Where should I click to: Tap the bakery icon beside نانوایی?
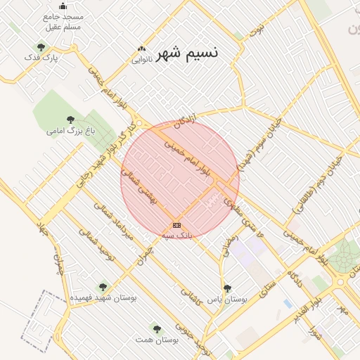coord(142,49)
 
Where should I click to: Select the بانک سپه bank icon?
coord(176,225)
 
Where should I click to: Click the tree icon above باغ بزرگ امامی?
coord(70,120)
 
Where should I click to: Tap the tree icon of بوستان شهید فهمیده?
coord(103,287)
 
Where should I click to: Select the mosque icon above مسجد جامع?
coord(63,6)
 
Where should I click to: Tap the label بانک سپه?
coord(177,236)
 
